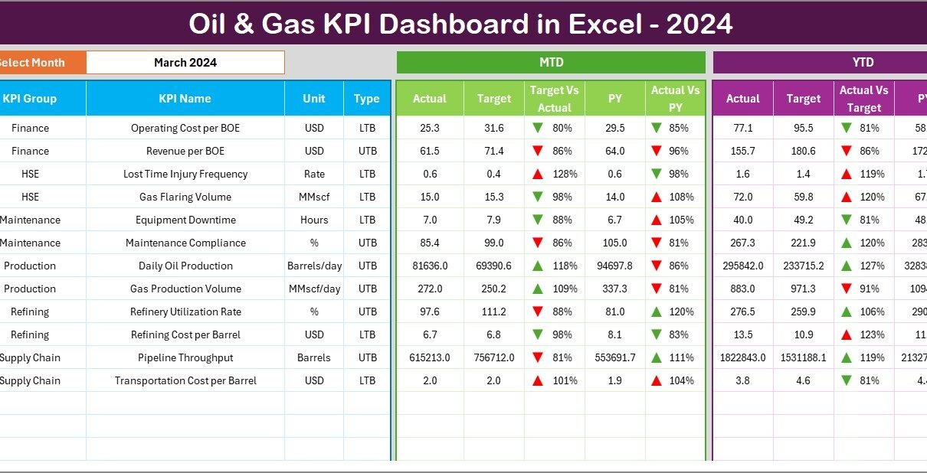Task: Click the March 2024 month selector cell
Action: [x=185, y=63]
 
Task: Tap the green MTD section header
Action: [x=551, y=63]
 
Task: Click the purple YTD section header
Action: [x=863, y=63]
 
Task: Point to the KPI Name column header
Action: [x=185, y=99]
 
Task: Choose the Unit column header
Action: [x=313, y=99]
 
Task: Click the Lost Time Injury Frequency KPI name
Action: [x=185, y=174]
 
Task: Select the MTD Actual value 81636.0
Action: [x=429, y=266]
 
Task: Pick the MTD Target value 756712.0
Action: [x=493, y=357]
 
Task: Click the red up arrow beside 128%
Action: [x=539, y=174]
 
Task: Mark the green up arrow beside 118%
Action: [x=539, y=266]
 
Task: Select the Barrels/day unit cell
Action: [x=314, y=266]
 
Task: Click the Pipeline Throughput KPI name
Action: [x=185, y=357]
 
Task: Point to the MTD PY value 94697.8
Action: [x=614, y=266]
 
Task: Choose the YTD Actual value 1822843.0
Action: [x=742, y=357]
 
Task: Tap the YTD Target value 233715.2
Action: [x=803, y=266]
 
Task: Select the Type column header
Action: [x=367, y=99]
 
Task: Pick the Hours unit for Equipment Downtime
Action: [x=314, y=220]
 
